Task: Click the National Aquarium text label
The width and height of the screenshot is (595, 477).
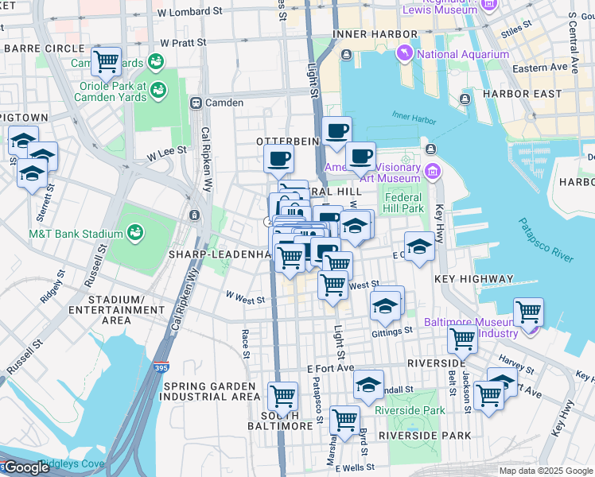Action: pos(463,54)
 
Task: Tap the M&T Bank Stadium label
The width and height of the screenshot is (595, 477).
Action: pos(76,234)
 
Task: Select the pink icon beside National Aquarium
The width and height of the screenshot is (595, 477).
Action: pos(406,53)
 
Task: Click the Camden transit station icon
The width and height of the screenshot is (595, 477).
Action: pos(195,103)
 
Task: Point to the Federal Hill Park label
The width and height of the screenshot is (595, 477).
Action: pos(402,203)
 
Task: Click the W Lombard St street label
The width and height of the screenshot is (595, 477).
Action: pos(190,13)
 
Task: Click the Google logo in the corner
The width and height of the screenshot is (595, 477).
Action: pos(25,467)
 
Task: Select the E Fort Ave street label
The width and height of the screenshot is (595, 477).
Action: pos(329,368)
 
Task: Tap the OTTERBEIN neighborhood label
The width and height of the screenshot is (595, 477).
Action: pos(287,140)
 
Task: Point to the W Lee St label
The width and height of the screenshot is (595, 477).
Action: pos(165,149)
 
